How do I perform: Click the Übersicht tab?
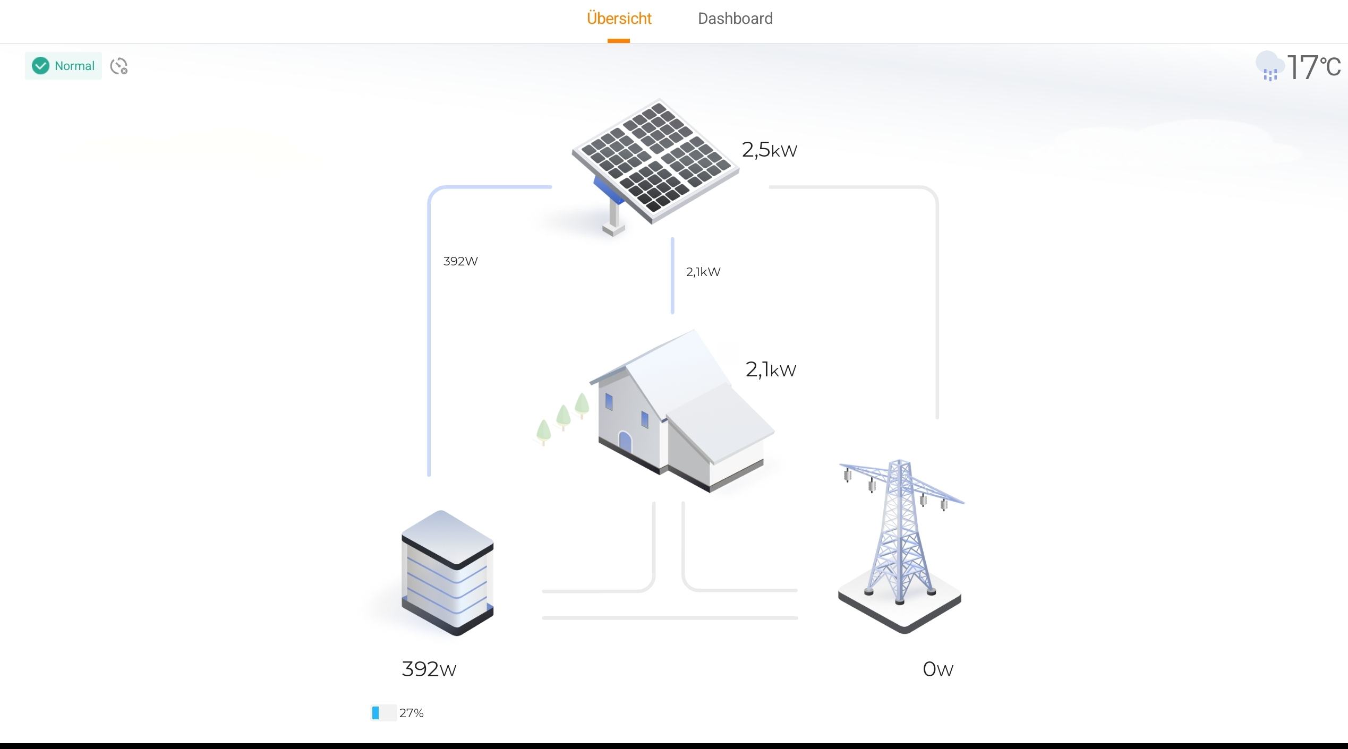click(x=619, y=19)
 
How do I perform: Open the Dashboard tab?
click(x=735, y=19)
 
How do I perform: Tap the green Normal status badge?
click(x=63, y=66)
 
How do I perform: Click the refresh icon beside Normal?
click(x=118, y=66)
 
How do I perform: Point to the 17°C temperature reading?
click(x=1313, y=67)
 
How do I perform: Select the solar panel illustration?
click(x=656, y=159)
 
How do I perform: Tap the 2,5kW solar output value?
click(x=769, y=150)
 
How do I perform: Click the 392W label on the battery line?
click(x=460, y=261)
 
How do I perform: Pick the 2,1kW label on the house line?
click(x=703, y=272)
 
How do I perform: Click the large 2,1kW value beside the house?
click(x=771, y=369)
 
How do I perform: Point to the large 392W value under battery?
click(x=429, y=669)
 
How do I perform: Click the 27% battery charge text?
click(x=411, y=713)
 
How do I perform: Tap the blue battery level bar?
click(x=376, y=713)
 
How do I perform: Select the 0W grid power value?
click(x=937, y=669)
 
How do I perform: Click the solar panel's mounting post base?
click(x=613, y=229)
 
